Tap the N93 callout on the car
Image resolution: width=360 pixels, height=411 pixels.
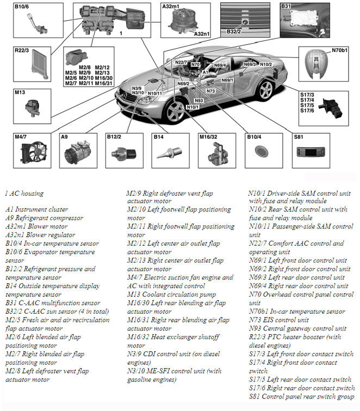198,100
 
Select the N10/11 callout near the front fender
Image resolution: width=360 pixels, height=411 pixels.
155,94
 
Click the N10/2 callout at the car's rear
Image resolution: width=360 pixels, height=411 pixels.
266,65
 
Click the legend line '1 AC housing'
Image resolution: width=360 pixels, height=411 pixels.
24,193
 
